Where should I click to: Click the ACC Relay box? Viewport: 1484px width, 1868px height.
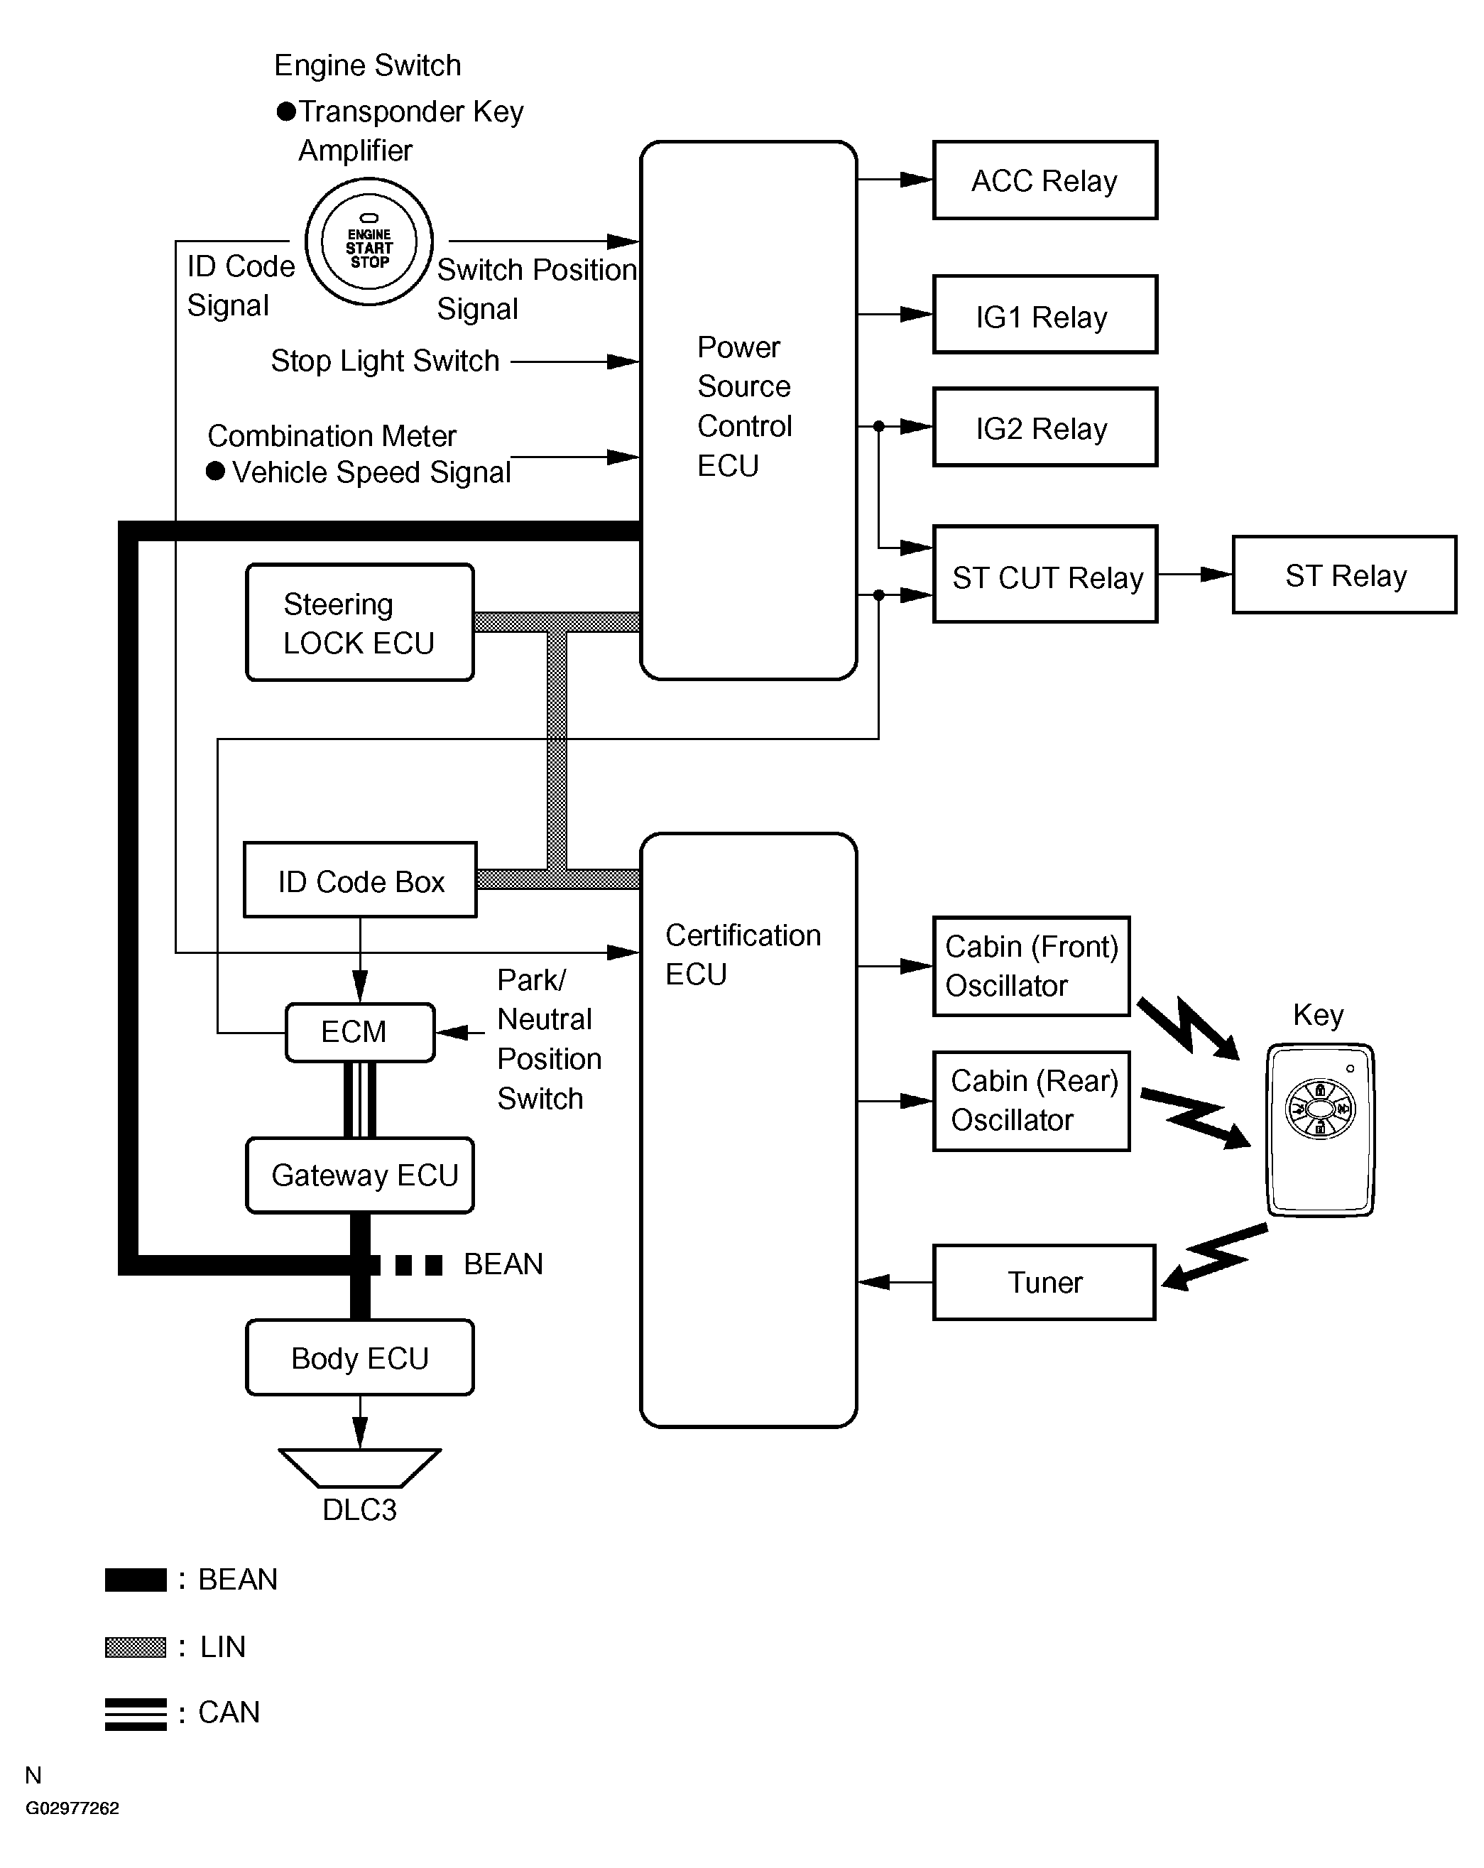[1044, 180]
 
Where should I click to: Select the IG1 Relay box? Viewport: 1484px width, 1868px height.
[1044, 315]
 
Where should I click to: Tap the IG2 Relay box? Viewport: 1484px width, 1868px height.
[1044, 427]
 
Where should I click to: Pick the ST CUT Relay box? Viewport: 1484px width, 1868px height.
[1044, 574]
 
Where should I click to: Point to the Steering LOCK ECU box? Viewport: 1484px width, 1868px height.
[359, 622]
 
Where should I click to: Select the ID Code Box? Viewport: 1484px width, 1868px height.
[359, 879]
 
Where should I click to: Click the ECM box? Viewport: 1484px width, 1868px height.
[359, 1032]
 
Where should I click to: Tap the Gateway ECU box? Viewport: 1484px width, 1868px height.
[359, 1175]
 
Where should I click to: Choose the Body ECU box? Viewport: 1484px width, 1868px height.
[359, 1358]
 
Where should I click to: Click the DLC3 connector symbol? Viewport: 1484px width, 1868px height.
[359, 1467]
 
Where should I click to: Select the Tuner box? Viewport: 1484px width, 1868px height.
[1044, 1282]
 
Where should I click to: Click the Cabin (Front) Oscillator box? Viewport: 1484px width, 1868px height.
[1031, 966]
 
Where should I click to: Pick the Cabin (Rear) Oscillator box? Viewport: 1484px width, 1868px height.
[1031, 1100]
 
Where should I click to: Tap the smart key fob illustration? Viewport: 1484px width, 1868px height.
[1319, 1130]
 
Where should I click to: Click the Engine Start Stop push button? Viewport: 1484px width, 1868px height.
[369, 241]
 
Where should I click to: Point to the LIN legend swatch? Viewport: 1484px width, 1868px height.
[135, 1646]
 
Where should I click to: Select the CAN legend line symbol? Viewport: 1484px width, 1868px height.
[135, 1713]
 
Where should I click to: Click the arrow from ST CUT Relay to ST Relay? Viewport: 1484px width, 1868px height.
[1194, 574]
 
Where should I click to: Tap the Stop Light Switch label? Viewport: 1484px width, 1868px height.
[385, 360]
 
